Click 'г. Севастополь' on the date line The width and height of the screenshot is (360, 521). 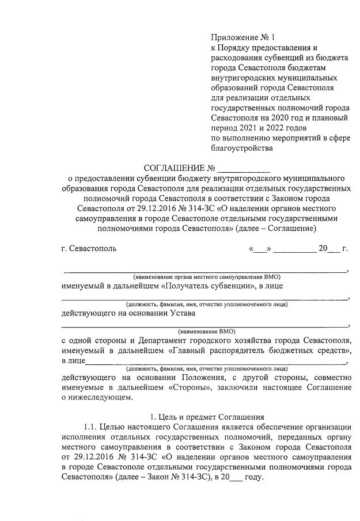coord(89,249)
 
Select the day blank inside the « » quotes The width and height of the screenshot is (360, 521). coord(260,249)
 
